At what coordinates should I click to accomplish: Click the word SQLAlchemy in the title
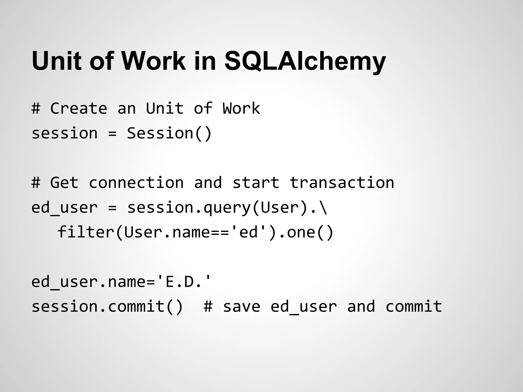click(305, 61)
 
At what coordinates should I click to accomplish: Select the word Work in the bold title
click(153, 61)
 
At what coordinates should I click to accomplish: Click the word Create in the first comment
click(79, 108)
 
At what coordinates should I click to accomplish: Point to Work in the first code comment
click(241, 108)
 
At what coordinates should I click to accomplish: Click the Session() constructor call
click(169, 133)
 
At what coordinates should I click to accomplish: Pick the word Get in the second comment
click(64, 183)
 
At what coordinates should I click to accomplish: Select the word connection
click(136, 183)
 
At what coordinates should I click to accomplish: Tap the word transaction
click(342, 183)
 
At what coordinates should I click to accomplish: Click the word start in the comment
click(256, 183)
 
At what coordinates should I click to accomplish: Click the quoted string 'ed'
click(249, 232)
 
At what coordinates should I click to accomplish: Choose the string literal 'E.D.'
click(184, 282)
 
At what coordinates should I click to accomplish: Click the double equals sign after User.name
click(220, 232)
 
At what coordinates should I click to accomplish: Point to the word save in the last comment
click(242, 306)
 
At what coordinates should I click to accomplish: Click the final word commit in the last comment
click(414, 306)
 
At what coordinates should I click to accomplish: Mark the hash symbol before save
click(208, 306)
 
